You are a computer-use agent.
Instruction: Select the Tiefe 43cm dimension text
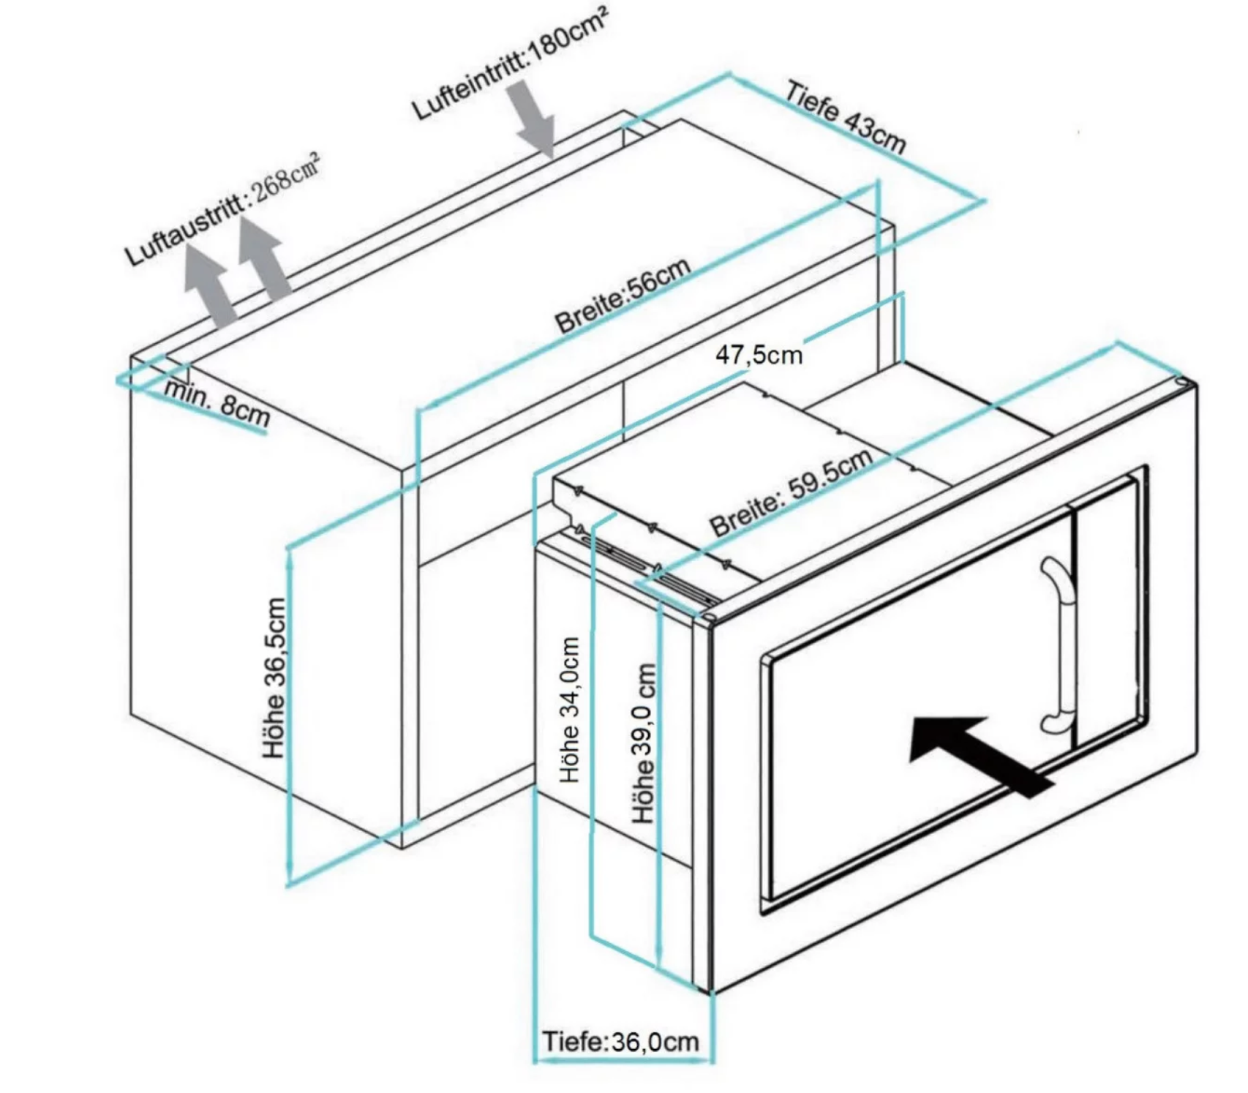(x=846, y=117)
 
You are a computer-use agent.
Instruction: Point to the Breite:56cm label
(x=623, y=296)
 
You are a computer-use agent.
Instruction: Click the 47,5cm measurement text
(x=759, y=355)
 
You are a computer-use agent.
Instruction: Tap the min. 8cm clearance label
(x=217, y=403)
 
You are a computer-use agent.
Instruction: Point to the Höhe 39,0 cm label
(x=644, y=743)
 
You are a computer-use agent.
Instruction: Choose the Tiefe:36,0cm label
(x=620, y=1041)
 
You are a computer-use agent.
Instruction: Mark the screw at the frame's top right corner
(x=1181, y=383)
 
